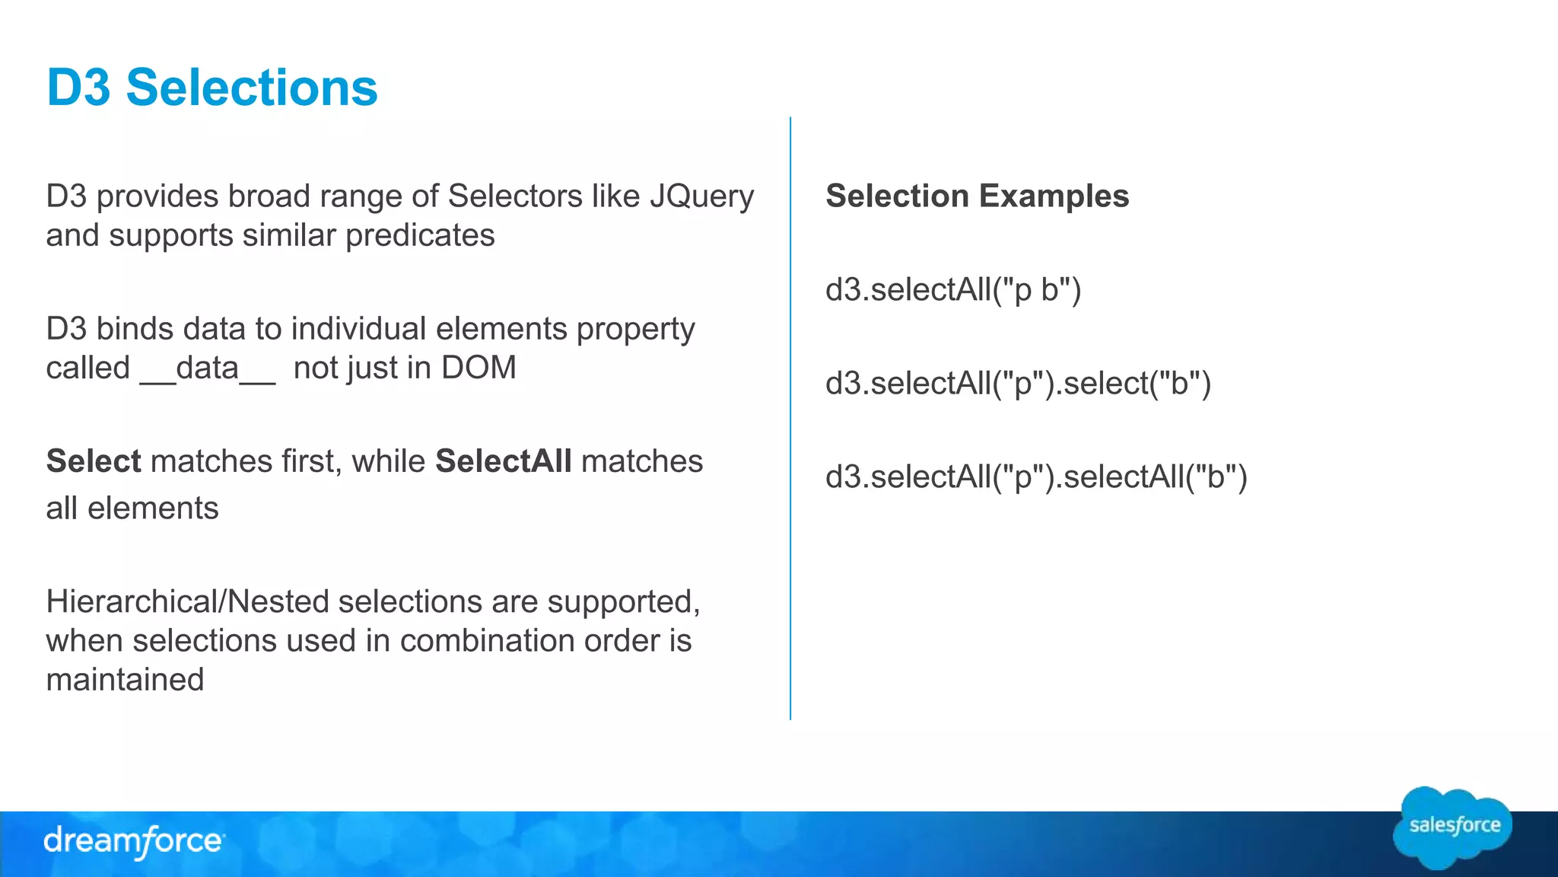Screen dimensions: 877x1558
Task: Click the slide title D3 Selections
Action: pos(211,88)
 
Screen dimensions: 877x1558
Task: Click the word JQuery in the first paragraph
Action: pos(701,196)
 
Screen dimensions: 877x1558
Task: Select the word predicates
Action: pos(420,235)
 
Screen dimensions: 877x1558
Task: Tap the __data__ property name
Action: pos(207,368)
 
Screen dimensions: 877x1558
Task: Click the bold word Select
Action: pos(94,461)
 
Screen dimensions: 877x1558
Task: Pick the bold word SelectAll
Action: pos(503,461)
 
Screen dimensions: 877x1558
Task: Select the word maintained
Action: pos(125,679)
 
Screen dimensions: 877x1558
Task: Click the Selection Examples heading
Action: pos(977,196)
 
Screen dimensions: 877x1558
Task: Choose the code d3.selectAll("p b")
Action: pos(953,290)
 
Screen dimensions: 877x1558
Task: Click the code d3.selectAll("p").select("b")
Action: pos(1018,383)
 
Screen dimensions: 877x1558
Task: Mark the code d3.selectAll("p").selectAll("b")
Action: pos(1036,477)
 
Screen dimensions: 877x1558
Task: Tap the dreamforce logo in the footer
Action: pos(134,841)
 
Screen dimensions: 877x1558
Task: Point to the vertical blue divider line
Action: pos(790,419)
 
